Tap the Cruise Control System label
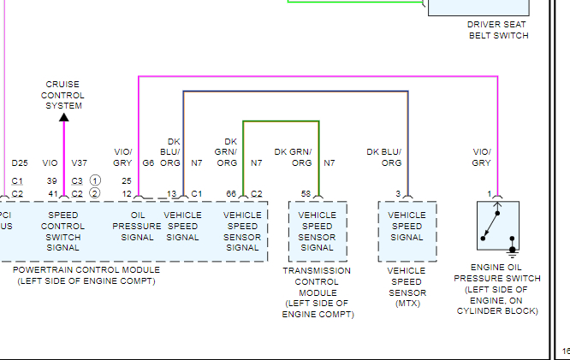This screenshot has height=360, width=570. [x=63, y=95]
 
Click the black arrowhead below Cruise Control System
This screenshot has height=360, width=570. [x=63, y=117]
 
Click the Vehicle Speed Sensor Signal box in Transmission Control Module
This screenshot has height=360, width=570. [x=318, y=231]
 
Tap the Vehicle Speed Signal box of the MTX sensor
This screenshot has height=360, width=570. [x=407, y=226]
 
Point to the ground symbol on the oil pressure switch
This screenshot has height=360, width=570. [x=512, y=251]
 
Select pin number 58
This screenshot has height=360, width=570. [x=306, y=193]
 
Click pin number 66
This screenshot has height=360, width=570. [x=231, y=193]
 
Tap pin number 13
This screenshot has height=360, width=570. [x=171, y=193]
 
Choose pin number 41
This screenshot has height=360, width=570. [x=52, y=193]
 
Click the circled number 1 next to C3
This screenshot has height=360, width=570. [x=96, y=181]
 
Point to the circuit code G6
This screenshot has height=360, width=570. [x=148, y=162]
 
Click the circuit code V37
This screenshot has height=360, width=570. [x=79, y=162]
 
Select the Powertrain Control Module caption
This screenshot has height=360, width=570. [x=86, y=275]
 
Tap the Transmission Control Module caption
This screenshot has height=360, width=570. [x=317, y=292]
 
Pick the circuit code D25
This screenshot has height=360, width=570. [x=19, y=162]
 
